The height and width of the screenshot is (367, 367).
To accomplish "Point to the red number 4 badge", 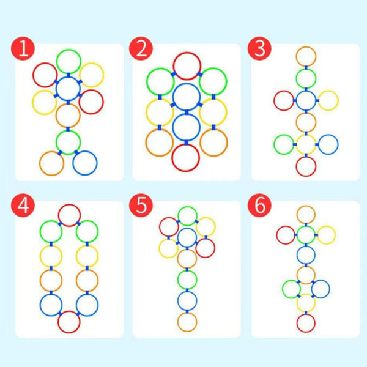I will tap(23, 206).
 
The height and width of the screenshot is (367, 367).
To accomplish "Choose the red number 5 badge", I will tap(141, 206).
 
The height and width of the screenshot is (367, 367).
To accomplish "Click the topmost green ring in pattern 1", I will tap(69, 61).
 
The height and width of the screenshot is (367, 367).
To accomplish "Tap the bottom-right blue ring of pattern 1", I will tap(85, 163).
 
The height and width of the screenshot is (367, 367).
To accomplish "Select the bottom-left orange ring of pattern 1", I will tap(51, 163).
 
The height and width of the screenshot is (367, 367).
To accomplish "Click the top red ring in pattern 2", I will tap(187, 65).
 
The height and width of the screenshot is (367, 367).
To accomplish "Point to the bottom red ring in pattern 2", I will tap(186, 157).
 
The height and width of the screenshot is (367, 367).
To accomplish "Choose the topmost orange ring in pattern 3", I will tap(306, 56).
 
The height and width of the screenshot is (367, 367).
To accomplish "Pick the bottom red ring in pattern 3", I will tap(306, 166).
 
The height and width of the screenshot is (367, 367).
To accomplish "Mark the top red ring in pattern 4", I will tap(69, 215).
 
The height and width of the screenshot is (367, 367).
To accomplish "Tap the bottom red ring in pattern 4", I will tap(69, 321).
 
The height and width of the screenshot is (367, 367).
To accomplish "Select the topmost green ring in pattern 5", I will tap(187, 216).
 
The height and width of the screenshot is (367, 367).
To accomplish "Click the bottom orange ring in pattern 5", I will tap(187, 321).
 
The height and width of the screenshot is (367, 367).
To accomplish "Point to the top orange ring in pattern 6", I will tap(306, 214).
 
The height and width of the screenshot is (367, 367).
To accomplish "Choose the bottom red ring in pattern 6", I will tap(306, 322).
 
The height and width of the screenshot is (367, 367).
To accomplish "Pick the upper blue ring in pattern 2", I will tap(187, 97).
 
